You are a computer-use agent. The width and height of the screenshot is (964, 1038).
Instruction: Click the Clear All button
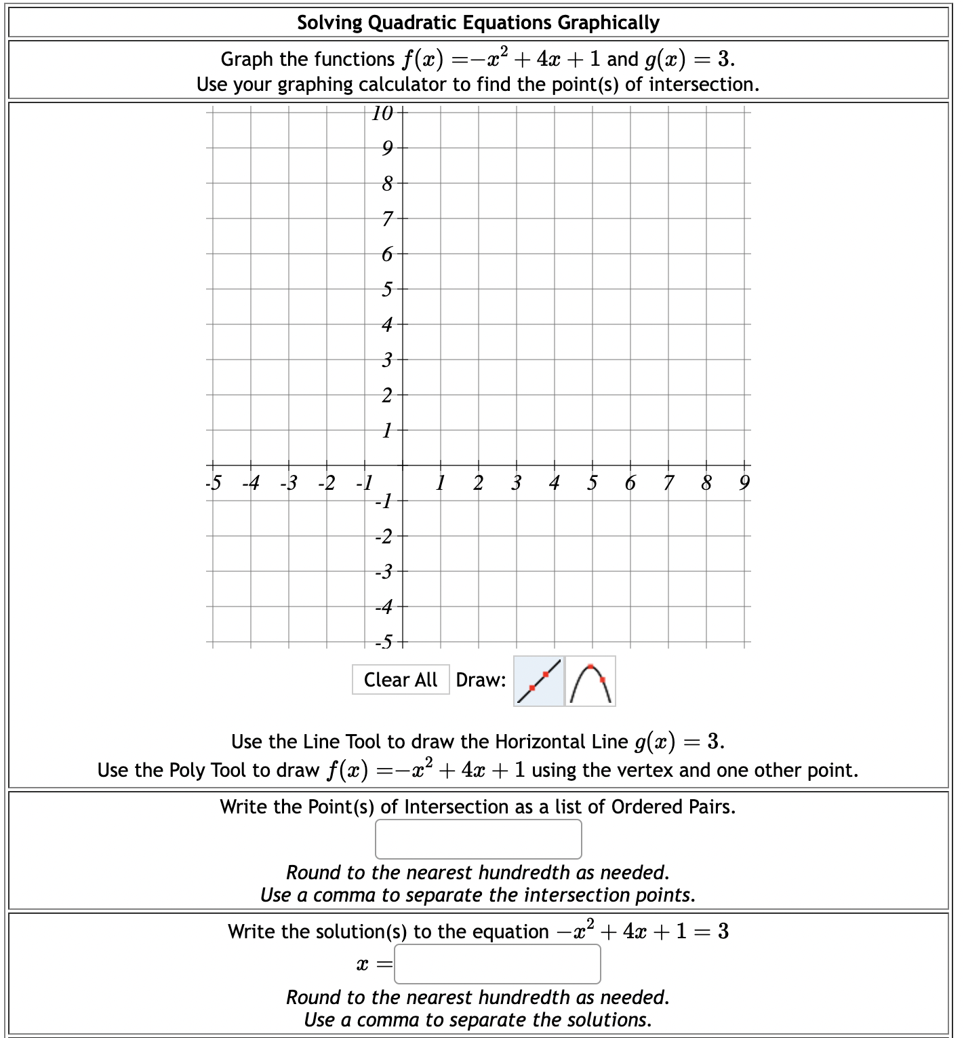tap(400, 680)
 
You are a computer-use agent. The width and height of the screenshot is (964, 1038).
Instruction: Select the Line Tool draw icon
tap(539, 680)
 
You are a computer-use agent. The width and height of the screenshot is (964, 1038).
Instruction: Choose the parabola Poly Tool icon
tap(590, 681)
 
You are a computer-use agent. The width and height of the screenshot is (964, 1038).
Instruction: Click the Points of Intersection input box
tap(478, 839)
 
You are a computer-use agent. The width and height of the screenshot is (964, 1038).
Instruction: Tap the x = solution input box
tap(497, 964)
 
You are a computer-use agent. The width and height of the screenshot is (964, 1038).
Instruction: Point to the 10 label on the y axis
tap(383, 113)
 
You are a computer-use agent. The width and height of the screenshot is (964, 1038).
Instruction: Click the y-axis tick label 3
tap(386, 360)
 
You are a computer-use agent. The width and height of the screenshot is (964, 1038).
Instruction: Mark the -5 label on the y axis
tap(384, 641)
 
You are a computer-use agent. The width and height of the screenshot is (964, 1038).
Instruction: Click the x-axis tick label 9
tap(744, 483)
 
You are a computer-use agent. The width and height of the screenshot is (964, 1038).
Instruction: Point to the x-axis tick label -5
tap(214, 483)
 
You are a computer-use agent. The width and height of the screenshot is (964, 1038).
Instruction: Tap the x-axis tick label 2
tap(478, 483)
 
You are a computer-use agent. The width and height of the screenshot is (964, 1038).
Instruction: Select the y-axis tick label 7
tap(386, 219)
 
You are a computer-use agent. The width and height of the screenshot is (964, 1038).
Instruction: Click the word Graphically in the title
tap(608, 23)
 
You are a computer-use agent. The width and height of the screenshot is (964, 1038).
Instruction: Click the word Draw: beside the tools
tap(481, 680)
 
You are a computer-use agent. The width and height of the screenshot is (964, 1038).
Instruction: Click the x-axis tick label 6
tap(630, 483)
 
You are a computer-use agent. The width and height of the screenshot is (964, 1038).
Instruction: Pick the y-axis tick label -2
tap(384, 537)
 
